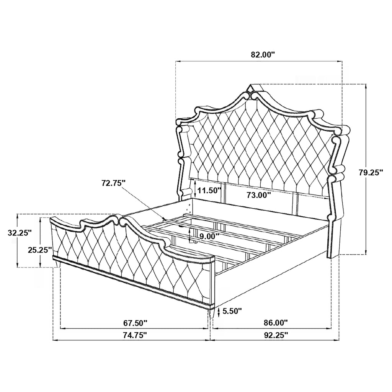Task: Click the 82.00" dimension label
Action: tap(259, 54)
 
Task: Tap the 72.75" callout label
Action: tap(113, 183)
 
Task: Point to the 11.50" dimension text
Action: tap(209, 190)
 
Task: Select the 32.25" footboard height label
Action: tap(20, 233)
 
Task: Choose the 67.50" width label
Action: tap(135, 323)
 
